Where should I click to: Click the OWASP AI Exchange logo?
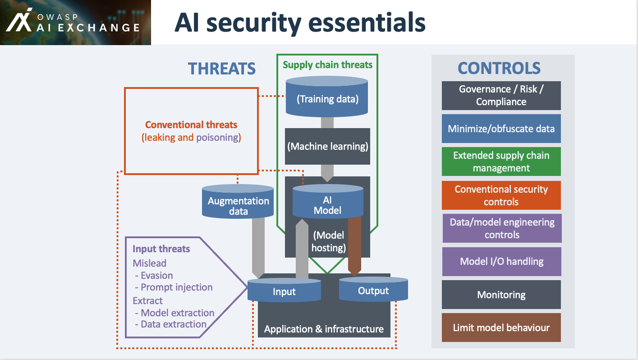pos(72,22)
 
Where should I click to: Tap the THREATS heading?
pos(221,69)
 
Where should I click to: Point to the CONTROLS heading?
pos(499,68)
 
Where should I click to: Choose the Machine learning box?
pos(327,147)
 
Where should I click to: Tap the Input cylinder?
pos(284,291)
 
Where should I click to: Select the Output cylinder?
pos(373,291)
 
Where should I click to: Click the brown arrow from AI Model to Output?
pos(355,246)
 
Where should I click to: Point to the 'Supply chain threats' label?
pos(327,65)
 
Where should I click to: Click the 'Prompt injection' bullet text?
pos(176,287)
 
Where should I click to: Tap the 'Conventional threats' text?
pos(191,125)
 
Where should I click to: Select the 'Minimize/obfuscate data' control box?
pos(501,129)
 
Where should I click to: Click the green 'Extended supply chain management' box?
pos(501,162)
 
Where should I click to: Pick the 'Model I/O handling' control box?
pos(501,261)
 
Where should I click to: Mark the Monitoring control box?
pos(501,295)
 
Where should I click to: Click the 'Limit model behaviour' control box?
pos(501,328)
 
